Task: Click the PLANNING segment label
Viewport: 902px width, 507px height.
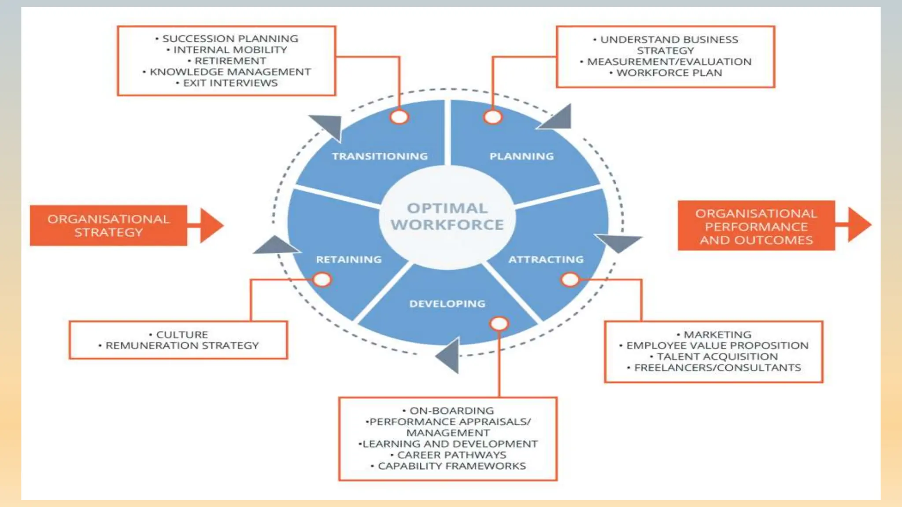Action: [521, 156]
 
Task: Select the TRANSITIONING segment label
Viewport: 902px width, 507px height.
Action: [380, 156]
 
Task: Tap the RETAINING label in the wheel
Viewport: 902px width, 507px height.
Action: [349, 260]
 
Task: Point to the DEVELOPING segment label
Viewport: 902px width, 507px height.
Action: [447, 304]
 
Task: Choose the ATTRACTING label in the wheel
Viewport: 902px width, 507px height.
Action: [546, 260]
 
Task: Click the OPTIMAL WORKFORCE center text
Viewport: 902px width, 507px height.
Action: [447, 217]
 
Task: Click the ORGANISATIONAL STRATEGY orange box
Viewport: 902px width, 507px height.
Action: [108, 225]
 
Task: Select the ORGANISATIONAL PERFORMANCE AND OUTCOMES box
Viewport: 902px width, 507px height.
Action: [756, 226]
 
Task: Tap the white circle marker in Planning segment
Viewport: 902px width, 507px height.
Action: [492, 117]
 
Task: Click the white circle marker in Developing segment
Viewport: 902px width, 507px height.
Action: [499, 324]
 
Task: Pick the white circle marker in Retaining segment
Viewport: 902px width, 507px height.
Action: [322, 279]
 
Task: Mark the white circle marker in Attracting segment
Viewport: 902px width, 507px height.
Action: [570, 279]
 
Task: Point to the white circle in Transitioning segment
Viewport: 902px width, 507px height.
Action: [399, 117]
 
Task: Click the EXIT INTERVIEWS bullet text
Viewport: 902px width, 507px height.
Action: [230, 83]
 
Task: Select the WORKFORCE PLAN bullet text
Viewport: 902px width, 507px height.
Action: [669, 73]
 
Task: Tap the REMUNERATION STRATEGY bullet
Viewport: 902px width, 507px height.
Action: [182, 346]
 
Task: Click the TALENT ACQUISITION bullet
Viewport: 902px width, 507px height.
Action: [717, 357]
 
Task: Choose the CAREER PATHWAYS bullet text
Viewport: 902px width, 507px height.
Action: [451, 455]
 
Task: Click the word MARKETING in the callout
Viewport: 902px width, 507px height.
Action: [717, 335]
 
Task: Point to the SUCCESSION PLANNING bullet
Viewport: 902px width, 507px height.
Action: [230, 39]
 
